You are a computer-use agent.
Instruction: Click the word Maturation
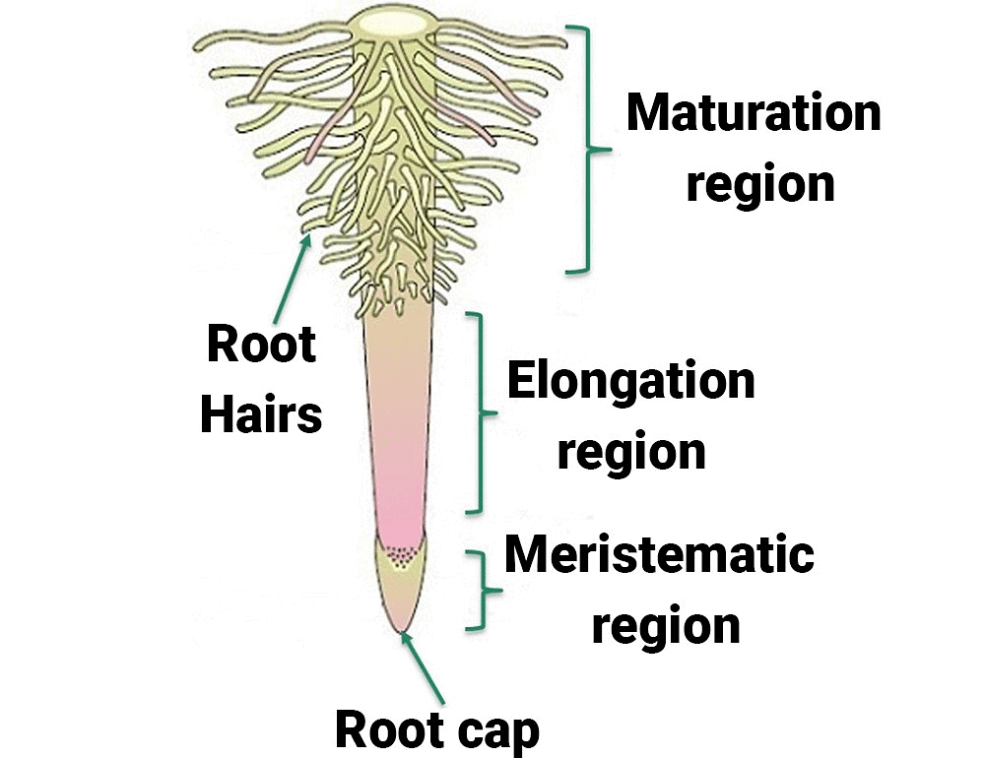click(x=754, y=113)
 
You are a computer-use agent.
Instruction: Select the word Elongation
click(x=630, y=381)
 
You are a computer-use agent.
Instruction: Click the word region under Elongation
click(x=631, y=451)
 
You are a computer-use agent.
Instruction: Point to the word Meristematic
click(x=659, y=555)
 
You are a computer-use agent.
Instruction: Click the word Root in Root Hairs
click(x=261, y=345)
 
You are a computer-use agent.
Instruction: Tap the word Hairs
click(x=261, y=413)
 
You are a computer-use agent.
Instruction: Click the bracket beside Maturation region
click(x=587, y=149)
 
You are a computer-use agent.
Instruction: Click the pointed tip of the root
click(x=401, y=630)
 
